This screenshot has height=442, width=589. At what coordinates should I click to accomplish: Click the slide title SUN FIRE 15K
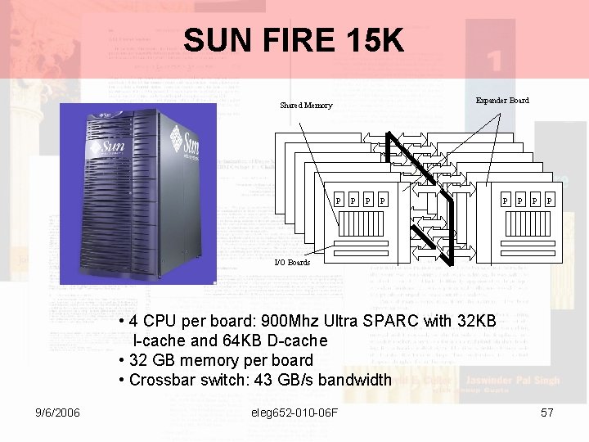294,39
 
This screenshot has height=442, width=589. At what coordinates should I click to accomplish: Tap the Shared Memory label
306,106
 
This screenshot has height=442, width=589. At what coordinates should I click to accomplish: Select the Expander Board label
502,101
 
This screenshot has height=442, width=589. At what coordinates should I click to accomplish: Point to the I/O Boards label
292,263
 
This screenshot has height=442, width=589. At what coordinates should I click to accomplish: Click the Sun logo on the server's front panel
107,148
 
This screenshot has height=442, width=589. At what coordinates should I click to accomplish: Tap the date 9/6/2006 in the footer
56,413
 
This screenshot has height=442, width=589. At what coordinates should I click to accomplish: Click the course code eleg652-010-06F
295,413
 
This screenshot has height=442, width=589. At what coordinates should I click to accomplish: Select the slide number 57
547,413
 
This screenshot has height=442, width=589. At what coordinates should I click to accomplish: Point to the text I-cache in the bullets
162,341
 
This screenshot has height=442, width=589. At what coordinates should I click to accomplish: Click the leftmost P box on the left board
339,200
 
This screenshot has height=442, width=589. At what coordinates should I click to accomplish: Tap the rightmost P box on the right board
549,200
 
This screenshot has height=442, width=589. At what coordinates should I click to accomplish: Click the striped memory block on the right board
524,223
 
